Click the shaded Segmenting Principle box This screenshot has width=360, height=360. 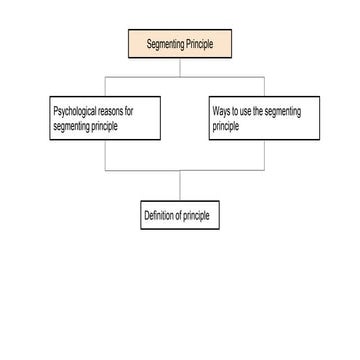tap(180, 44)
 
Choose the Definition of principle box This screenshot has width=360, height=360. tap(180, 216)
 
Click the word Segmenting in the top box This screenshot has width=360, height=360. tap(165, 44)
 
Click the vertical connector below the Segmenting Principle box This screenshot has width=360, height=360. tap(180, 67)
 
